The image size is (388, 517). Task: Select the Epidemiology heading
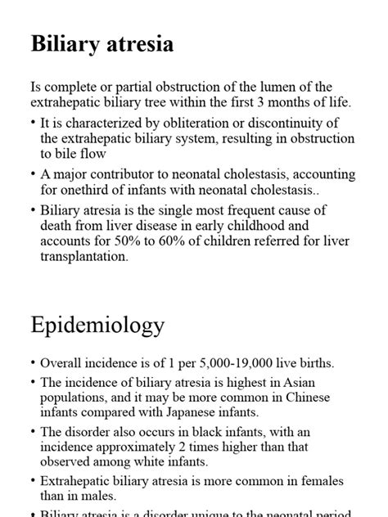coord(97,325)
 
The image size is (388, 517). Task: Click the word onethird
coord(84,191)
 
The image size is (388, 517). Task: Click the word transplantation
coord(85,256)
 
